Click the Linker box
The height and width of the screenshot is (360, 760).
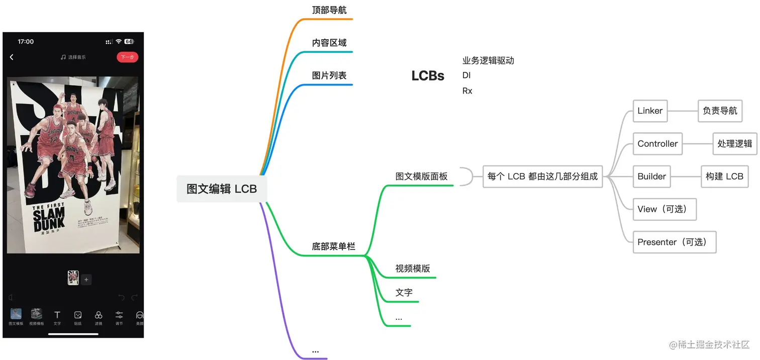click(650, 111)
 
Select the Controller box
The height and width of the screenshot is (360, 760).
click(657, 144)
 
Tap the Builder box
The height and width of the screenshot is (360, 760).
click(651, 176)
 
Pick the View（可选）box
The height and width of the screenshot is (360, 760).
click(664, 209)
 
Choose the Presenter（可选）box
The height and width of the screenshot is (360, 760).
click(674, 242)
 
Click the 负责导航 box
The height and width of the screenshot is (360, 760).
click(720, 111)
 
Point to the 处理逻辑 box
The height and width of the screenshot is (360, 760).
click(734, 144)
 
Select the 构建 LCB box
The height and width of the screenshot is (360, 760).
click(724, 176)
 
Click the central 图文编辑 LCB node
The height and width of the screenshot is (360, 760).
click(222, 189)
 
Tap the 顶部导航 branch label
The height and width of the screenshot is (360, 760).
click(329, 10)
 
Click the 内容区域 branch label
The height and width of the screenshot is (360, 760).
click(329, 43)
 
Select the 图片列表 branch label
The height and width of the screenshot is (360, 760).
click(329, 75)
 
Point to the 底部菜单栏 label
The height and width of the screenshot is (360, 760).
click(333, 246)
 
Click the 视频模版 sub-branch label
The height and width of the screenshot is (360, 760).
click(413, 268)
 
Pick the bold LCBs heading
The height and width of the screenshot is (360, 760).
click(428, 76)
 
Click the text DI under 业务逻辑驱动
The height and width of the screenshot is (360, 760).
click(466, 75)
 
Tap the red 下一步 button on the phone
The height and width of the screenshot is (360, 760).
click(127, 57)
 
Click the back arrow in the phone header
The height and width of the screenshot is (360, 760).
click(12, 57)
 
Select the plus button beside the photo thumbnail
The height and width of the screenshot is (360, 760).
click(86, 280)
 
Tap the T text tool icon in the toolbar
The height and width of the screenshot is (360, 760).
click(57, 315)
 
